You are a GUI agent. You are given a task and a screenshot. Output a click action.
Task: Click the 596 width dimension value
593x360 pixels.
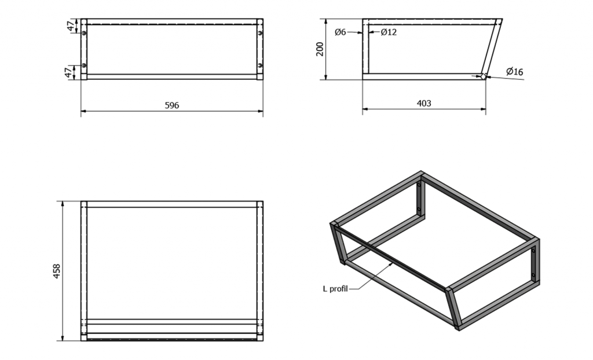(171, 105)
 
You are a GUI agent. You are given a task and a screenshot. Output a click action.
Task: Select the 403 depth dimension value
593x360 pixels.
(423, 103)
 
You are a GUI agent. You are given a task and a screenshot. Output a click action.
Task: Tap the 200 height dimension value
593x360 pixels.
(320, 49)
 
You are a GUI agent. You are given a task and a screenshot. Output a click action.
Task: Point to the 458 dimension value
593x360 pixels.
(56, 271)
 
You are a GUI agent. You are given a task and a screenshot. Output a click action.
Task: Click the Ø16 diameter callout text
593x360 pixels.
(515, 71)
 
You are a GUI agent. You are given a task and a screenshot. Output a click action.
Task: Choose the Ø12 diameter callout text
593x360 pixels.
(389, 32)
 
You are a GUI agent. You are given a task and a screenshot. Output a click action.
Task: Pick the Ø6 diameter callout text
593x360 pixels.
(341, 32)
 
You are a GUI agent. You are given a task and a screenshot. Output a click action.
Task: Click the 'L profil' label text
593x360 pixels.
(335, 289)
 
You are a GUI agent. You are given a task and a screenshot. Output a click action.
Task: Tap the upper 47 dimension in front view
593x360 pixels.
(70, 27)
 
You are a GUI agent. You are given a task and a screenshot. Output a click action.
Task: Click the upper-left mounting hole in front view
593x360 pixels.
(84, 33)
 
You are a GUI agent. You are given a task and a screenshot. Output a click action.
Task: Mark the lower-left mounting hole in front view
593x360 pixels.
(84, 65)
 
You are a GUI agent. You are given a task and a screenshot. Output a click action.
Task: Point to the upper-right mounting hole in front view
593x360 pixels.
(260, 33)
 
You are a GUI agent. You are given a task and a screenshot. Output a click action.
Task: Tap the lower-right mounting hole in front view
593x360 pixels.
(260, 65)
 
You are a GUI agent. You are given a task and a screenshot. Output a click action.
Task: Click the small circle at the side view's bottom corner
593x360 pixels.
(484, 77)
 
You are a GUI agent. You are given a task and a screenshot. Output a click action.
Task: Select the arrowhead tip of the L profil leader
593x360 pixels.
(393, 263)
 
